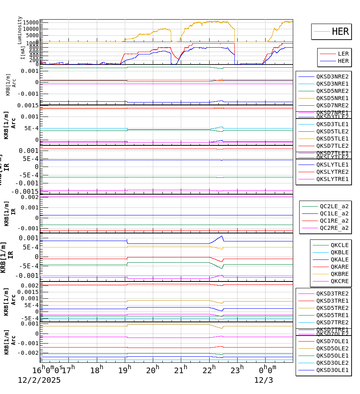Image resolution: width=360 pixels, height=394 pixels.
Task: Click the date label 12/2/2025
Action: (x=39, y=380)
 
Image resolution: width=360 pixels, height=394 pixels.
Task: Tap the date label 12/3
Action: (x=264, y=380)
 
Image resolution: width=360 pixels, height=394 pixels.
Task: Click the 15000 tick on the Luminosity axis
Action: (x=30, y=22)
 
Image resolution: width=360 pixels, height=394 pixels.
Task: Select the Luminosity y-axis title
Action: (x=20, y=30)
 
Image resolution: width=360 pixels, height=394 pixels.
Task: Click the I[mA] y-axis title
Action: (x=23, y=52)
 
